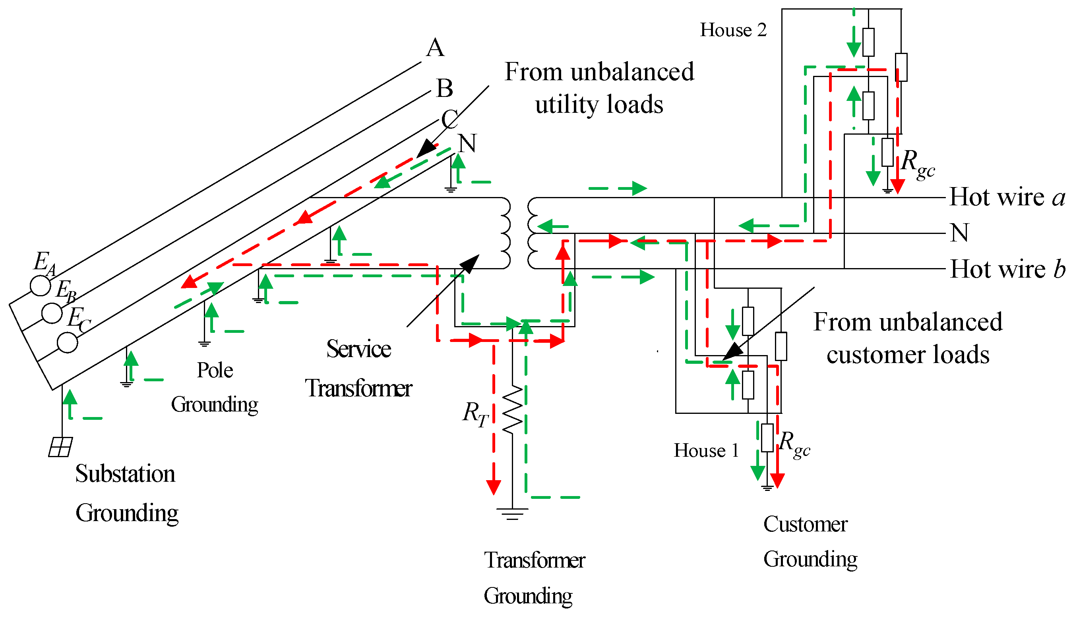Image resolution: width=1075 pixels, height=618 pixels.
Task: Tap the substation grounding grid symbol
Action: click(x=60, y=447)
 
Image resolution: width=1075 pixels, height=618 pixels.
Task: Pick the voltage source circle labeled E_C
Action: click(x=68, y=342)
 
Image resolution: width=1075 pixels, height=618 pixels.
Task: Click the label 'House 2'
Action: click(x=733, y=30)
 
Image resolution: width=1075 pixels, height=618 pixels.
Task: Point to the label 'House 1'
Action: click(x=706, y=450)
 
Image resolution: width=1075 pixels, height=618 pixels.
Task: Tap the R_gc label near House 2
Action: click(x=918, y=163)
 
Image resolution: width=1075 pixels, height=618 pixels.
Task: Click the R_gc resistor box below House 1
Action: click(x=767, y=438)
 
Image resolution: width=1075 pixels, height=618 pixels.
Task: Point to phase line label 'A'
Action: click(x=435, y=47)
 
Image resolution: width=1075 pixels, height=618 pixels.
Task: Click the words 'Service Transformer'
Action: click(x=359, y=368)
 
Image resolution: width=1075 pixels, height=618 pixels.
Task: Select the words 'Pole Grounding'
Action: click(x=215, y=387)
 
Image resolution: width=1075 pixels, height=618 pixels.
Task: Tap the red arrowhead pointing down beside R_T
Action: click(x=493, y=487)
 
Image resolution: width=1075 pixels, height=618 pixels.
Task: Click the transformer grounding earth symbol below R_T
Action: click(x=512, y=514)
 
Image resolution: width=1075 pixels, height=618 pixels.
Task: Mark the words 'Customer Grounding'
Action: click(x=810, y=541)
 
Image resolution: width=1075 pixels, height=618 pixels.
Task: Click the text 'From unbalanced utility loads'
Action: click(x=599, y=88)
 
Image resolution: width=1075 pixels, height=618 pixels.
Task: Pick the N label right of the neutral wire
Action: click(x=959, y=233)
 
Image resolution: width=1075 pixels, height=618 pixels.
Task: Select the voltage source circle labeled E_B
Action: click(x=52, y=313)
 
